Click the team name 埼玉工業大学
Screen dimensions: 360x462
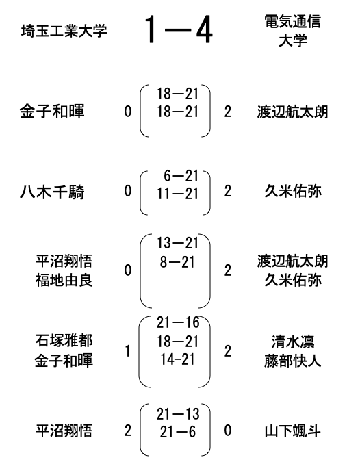tap(64, 31)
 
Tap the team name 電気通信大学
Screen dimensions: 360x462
tap(292, 31)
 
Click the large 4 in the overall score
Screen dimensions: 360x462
tap(204, 29)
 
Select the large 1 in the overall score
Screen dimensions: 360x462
tap(151, 29)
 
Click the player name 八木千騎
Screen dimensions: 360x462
tap(52, 192)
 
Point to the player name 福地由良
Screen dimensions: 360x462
tap(64, 280)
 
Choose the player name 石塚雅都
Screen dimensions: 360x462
tap(64, 340)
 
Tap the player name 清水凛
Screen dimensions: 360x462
tap(292, 342)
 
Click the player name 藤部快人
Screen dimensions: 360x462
tap(292, 361)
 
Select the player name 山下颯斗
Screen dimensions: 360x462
tap(292, 431)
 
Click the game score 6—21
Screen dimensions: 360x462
tap(181, 176)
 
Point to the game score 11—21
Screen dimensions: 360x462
tap(178, 194)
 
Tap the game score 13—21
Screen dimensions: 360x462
tap(178, 243)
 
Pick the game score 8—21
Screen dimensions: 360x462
tap(177, 262)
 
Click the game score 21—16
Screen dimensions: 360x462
tap(178, 322)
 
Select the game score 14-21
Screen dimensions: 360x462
tap(178, 359)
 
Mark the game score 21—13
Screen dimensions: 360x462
tap(178, 414)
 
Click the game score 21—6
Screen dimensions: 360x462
tap(178, 433)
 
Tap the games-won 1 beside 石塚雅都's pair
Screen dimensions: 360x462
tap(127, 351)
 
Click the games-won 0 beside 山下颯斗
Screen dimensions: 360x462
tap(228, 431)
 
